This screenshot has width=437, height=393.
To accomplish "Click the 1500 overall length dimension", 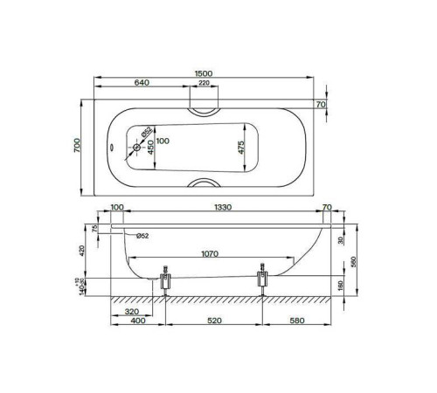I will [x=207, y=73].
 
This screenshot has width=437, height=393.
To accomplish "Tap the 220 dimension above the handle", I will [x=205, y=83].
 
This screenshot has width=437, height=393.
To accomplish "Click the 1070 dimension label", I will [x=208, y=255].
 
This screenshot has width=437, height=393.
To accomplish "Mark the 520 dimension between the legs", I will [x=214, y=321].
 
